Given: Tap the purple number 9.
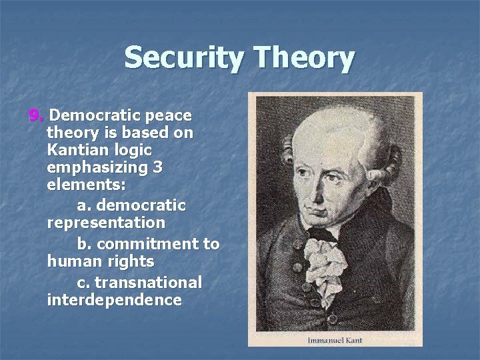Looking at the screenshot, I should pyautogui.click(x=35, y=115).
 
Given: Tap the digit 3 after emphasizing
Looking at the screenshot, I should pyautogui.click(x=157, y=167).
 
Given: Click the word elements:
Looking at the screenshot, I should pyautogui.click(x=86, y=185).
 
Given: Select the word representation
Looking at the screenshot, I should pyautogui.click(x=106, y=222).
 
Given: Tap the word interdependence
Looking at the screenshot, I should pyautogui.click(x=114, y=300).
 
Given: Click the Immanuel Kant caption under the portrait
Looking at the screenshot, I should pyautogui.click(x=335, y=340).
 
